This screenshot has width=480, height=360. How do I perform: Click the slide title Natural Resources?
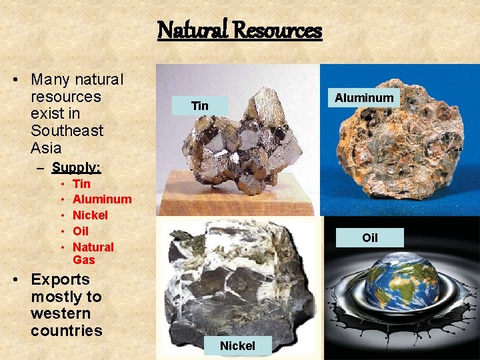point(239,31)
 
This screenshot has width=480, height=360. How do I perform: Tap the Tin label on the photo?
point(200,106)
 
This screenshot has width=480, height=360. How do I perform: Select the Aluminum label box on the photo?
point(364,98)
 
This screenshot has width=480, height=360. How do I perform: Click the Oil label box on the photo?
point(369,238)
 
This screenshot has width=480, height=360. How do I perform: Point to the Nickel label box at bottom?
point(237,345)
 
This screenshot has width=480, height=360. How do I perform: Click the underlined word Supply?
point(76,167)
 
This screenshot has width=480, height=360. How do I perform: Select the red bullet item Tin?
point(81,183)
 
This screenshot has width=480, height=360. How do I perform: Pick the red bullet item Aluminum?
point(102,199)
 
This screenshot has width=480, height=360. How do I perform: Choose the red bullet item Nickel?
point(90,215)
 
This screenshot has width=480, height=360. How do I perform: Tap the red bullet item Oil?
point(81,231)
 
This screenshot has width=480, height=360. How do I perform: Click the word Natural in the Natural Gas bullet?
point(93,247)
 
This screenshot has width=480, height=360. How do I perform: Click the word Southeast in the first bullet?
point(67,131)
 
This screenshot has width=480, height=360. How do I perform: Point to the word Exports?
point(60,279)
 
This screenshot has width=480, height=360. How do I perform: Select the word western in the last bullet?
point(61,313)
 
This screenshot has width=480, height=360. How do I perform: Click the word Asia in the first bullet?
point(46,148)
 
